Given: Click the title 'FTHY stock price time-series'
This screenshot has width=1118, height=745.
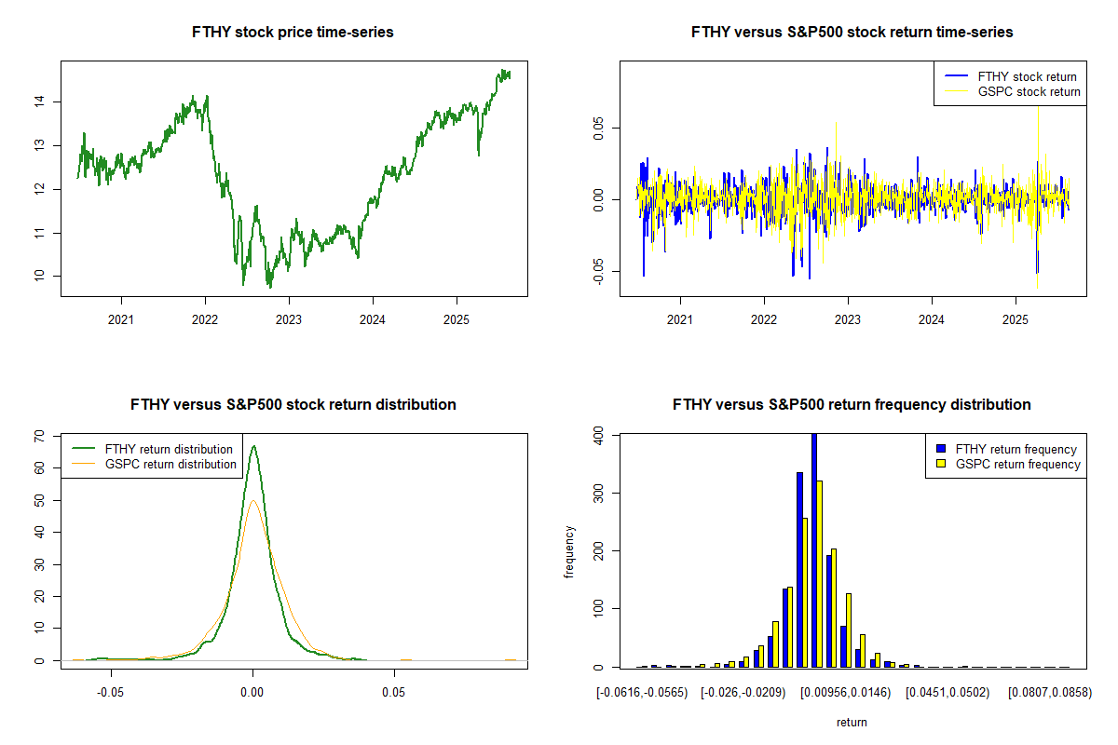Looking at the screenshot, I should click(293, 33).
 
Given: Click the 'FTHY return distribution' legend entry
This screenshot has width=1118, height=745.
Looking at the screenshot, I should click(169, 449).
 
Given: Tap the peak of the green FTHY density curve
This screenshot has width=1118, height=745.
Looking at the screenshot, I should click(252, 446).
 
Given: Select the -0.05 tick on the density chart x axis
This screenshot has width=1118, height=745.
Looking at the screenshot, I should click(111, 694).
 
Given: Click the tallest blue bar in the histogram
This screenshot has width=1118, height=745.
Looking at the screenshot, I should click(814, 549).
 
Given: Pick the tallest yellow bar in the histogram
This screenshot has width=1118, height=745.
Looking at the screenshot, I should click(820, 574).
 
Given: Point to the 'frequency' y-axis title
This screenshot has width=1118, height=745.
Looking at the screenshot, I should click(570, 551).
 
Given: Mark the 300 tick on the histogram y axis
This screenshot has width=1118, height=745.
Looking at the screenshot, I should click(604, 492).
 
